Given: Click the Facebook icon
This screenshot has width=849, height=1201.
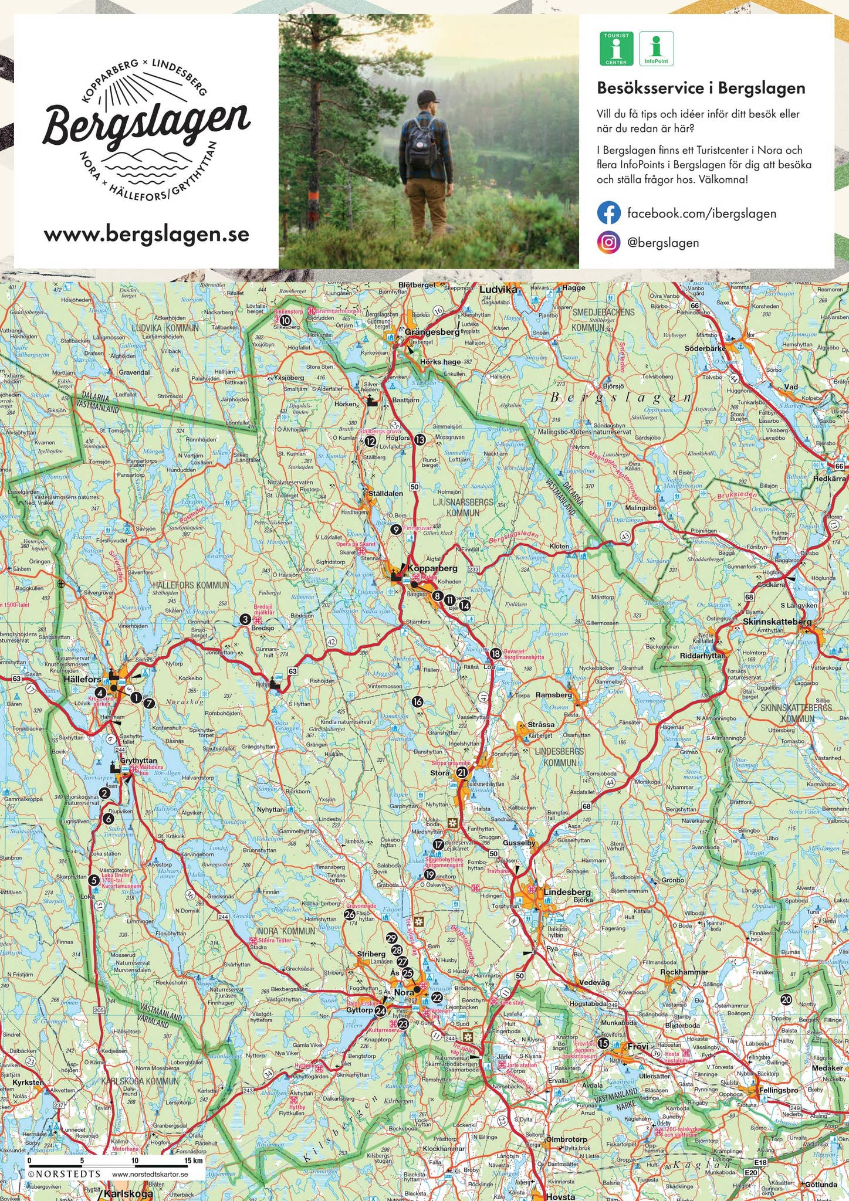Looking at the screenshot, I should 608,213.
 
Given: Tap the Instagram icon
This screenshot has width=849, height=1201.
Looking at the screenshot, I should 608,243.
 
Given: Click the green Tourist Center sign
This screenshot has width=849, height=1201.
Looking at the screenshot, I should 616,49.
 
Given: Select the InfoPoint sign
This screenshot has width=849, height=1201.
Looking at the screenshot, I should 656,49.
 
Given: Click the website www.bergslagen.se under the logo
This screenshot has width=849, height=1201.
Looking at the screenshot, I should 147,235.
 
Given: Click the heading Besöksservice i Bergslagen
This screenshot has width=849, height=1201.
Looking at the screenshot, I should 701,89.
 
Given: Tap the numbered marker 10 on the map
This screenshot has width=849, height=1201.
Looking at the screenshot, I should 285,320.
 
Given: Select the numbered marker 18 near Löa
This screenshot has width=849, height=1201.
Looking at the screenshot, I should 496,654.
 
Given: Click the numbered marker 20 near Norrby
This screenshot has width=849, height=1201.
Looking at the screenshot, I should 786,1000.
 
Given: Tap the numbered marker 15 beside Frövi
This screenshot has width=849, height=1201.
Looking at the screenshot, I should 603,1043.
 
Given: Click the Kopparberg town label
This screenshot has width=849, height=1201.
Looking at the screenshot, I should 432,568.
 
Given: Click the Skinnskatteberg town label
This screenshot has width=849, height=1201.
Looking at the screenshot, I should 777,622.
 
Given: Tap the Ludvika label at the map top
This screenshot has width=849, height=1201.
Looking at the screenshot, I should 498,289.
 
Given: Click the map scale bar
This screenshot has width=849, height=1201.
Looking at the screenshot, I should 115,1161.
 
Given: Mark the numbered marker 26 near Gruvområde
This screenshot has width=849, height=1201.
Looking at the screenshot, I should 349,914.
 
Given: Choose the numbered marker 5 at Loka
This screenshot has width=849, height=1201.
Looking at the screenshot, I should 93,880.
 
